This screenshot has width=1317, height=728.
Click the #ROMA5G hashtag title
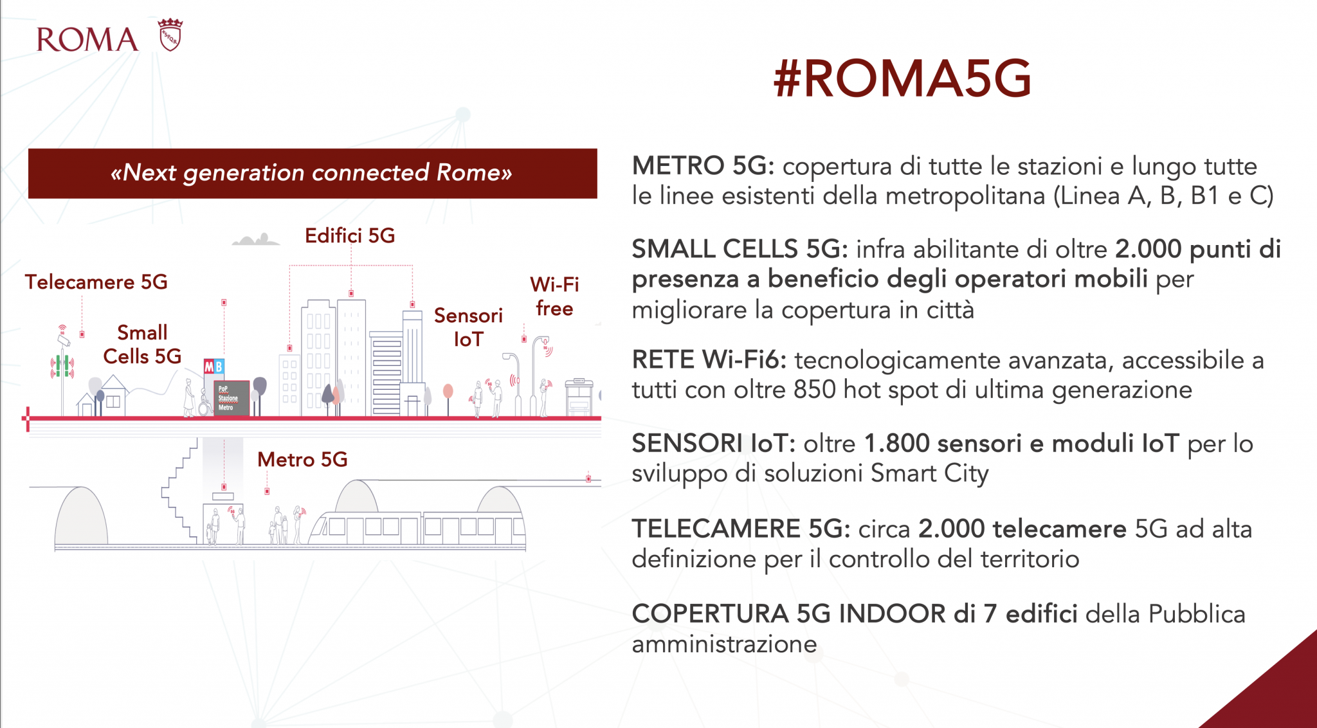tap(902, 78)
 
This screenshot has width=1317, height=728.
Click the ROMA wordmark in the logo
tap(87, 39)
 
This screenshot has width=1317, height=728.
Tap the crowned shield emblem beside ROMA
tap(170, 35)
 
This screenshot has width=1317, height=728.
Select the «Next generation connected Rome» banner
tap(313, 174)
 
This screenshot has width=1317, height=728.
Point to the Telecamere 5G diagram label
tap(96, 282)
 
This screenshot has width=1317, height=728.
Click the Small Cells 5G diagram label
tap(142, 344)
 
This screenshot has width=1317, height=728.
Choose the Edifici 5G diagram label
tap(350, 235)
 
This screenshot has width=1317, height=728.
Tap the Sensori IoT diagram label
tap(468, 327)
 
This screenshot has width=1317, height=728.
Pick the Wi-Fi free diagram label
tap(554, 296)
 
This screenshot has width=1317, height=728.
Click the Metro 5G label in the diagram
tap(302, 459)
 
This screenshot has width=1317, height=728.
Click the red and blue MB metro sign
tap(214, 367)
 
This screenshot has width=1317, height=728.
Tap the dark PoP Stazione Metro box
tap(232, 397)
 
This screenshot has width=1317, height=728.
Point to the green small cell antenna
tap(62, 365)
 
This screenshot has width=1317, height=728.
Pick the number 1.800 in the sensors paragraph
tap(896, 443)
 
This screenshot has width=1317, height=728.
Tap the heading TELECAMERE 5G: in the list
tap(741, 529)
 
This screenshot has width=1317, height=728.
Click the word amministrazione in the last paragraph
tap(724, 644)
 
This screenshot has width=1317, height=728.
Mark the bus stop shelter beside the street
tap(579, 397)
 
